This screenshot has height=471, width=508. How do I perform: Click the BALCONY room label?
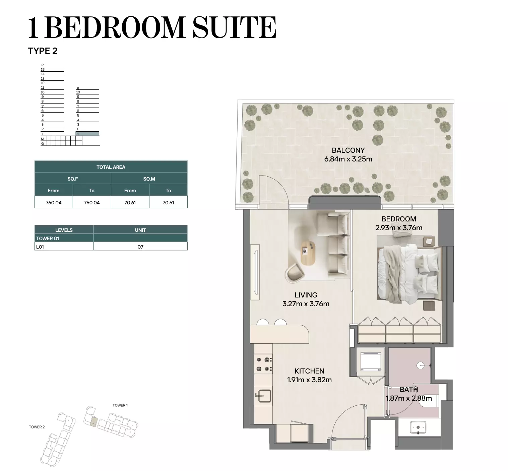348,150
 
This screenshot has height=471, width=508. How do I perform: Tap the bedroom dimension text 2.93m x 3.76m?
399,228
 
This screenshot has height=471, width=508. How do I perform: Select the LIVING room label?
306,295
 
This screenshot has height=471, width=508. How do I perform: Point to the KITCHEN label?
309,371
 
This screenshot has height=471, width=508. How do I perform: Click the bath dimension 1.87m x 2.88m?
409,398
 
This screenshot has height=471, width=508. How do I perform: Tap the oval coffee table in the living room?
308,253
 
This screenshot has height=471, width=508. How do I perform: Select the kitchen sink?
263,396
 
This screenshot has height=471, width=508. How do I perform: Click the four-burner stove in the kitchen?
263,364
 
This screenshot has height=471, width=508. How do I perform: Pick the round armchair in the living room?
295,273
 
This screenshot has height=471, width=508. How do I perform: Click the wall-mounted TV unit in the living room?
255,272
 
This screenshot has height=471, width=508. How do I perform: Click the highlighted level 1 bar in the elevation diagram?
87,134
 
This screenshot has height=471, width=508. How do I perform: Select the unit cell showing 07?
140,247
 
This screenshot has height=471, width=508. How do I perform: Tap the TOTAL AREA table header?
111,167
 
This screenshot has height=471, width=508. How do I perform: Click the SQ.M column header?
149,179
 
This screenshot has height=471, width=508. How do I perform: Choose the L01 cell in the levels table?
64,247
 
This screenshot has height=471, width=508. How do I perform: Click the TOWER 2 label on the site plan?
37,427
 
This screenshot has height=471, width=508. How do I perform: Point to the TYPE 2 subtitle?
43,51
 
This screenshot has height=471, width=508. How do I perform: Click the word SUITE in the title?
234,27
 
